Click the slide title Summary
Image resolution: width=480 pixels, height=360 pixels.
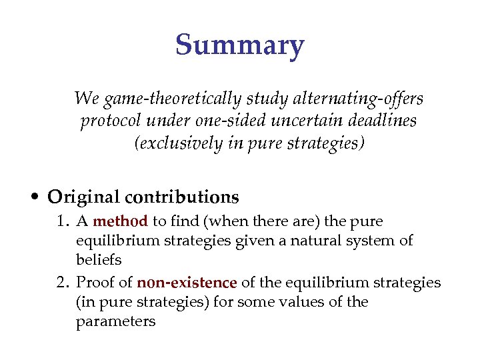pyautogui.click(x=240, y=45)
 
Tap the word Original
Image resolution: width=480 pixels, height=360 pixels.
pyautogui.click(x=81, y=197)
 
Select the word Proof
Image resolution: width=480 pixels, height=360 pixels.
pyautogui.click(x=111, y=283)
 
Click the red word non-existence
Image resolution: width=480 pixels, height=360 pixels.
pyautogui.click(x=187, y=283)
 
